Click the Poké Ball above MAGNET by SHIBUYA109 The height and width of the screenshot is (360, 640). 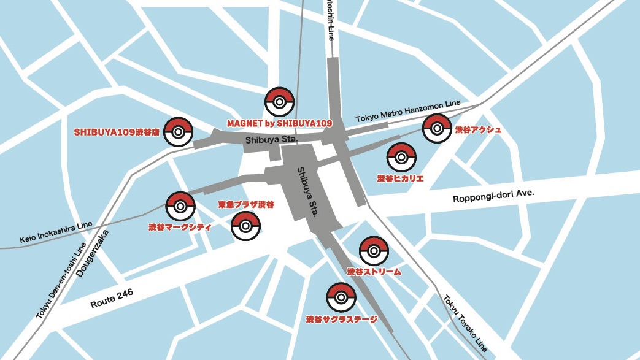pos(279,102)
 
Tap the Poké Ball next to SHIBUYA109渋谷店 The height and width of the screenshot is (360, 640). pos(179,131)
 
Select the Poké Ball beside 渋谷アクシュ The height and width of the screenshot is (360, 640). pos(437,129)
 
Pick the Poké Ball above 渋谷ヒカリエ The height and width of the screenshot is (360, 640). pos(401,158)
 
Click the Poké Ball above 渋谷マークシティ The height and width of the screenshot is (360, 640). pos(180,207)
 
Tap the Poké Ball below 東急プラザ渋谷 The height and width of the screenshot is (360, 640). pos(245,225)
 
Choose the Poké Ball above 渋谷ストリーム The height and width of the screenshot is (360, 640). pos(373,251)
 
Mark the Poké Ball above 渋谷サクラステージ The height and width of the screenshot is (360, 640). pos(341,297)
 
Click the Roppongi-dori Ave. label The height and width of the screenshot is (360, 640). pos(493,196)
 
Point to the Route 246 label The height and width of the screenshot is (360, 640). pos(111,299)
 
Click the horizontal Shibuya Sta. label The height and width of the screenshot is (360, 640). pos(271,140)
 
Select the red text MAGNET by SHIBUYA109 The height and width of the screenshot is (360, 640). pos(279,123)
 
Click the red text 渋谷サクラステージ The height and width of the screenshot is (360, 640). pos(341,320)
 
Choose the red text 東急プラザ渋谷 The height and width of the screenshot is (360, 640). pos(246,204)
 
